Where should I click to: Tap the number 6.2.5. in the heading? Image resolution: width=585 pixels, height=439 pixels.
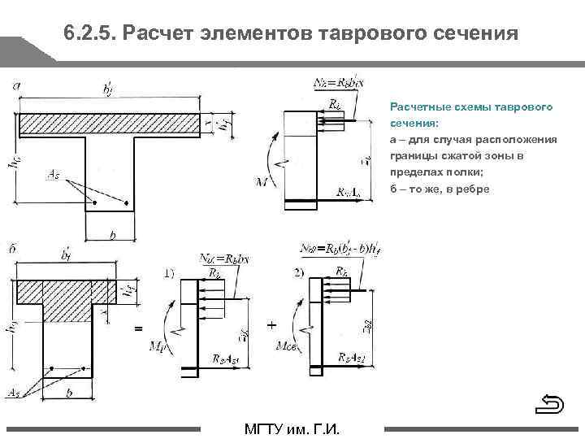click(89, 35)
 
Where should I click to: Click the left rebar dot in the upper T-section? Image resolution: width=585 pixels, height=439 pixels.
click(95, 202)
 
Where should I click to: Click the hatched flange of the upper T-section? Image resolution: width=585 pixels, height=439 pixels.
click(110, 124)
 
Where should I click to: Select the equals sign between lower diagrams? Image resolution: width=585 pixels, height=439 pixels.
click(137, 328)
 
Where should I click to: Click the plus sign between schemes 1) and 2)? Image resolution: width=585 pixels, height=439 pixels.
click(271, 324)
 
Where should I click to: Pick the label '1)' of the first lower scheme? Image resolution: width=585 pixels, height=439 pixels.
click(167, 274)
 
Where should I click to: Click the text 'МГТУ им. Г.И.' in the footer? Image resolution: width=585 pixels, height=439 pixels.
click(292, 429)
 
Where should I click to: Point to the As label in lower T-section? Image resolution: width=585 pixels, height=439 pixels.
click(14, 393)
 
